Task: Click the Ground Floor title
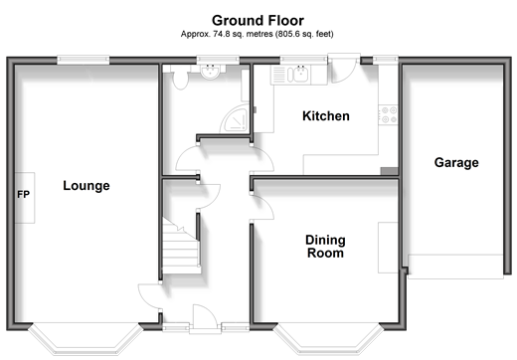[258, 21]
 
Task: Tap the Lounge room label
[86, 186]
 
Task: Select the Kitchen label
[326, 116]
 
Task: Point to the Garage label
[456, 163]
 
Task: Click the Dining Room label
[325, 247]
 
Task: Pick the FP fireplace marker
[24, 194]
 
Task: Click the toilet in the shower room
[180, 78]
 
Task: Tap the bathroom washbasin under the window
[211, 73]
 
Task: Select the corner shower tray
[235, 118]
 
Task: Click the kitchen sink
[297, 75]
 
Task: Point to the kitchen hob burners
[389, 114]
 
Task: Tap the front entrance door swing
[205, 316]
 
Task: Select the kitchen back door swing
[343, 71]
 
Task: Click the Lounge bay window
[86, 339]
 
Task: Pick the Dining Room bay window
[326, 339]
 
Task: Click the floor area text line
[257, 34]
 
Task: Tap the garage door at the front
[455, 267]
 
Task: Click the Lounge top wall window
[84, 60]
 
